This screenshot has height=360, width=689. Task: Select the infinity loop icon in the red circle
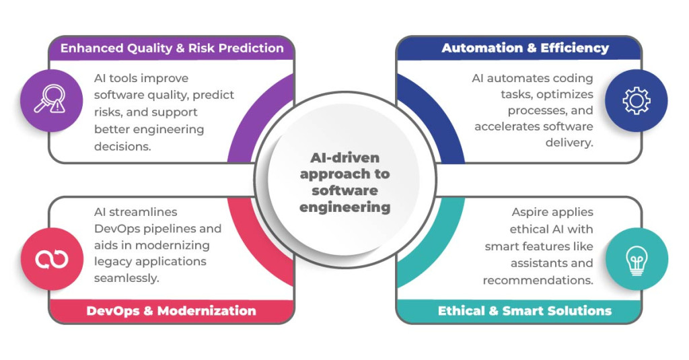tap(51, 259)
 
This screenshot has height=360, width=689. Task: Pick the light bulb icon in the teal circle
tap(636, 259)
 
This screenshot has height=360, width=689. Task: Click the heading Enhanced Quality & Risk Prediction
tap(172, 48)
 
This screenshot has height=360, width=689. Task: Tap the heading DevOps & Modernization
tap(172, 311)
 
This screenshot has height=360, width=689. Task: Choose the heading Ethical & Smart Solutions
tap(525, 311)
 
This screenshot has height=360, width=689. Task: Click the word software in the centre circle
tap(345, 190)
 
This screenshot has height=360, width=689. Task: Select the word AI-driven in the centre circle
tap(345, 158)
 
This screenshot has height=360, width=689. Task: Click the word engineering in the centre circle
tap(345, 207)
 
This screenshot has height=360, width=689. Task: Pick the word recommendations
tap(538, 279)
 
